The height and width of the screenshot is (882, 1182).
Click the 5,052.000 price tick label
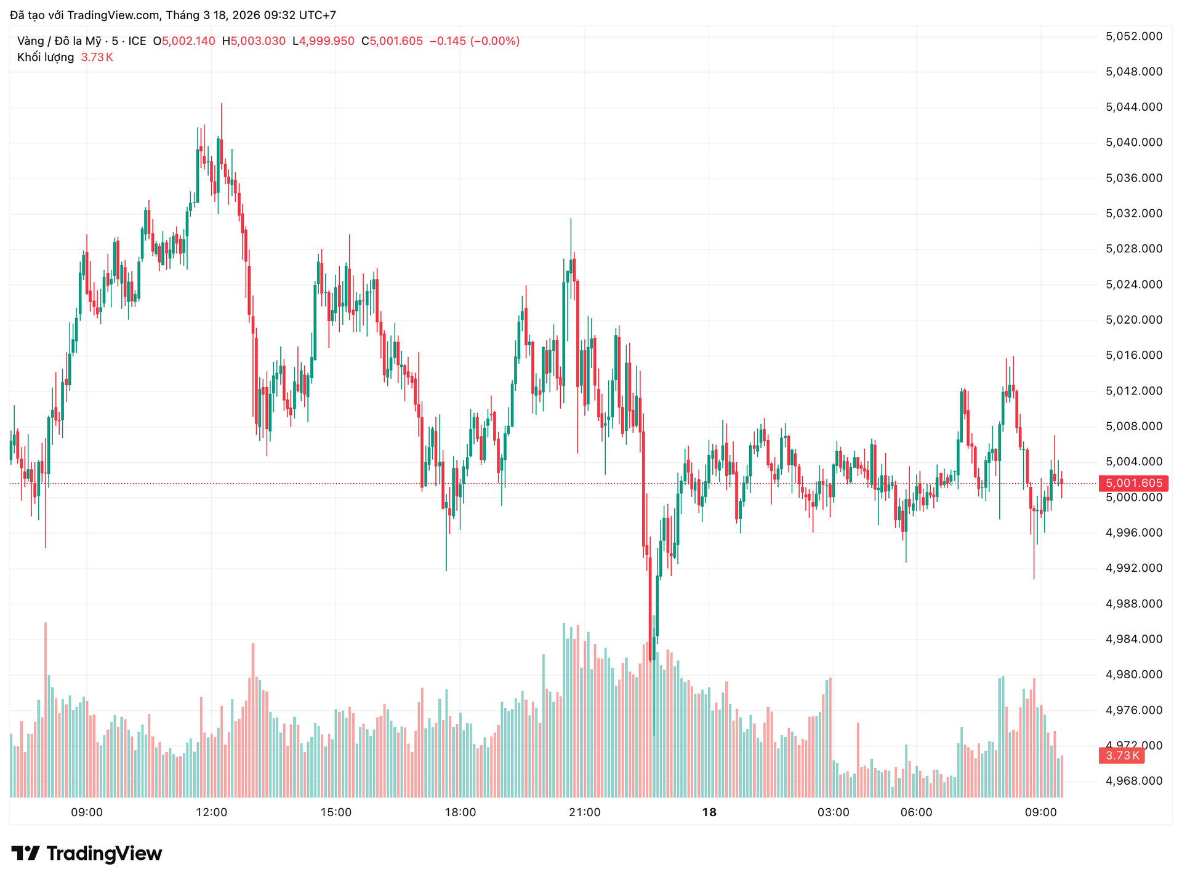[1133, 36]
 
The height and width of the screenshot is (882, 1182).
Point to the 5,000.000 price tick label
[1133, 497]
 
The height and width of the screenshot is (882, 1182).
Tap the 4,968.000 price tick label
[1133, 781]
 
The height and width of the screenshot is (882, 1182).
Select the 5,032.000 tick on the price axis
[1133, 214]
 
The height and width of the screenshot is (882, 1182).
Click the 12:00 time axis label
[211, 812]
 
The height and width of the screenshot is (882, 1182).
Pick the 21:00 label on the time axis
[585, 812]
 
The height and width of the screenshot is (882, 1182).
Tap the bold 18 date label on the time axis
[709, 812]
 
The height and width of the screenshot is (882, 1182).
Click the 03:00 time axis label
[834, 812]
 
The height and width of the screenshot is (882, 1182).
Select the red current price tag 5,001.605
[1133, 483]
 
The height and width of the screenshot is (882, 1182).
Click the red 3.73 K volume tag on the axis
[1122, 755]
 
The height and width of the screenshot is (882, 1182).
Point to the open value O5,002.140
[184, 41]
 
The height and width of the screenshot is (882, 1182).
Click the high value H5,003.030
[254, 41]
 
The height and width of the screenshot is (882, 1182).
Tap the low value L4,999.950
[323, 41]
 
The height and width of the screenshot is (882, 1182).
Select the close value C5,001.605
[392, 41]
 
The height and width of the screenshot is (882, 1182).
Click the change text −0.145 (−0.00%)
[474, 41]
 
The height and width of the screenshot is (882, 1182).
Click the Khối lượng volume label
[46, 57]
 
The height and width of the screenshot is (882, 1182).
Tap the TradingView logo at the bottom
[87, 853]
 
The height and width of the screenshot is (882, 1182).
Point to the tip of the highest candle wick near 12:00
[221, 103]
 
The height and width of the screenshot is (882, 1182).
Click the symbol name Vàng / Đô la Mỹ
[59, 41]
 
